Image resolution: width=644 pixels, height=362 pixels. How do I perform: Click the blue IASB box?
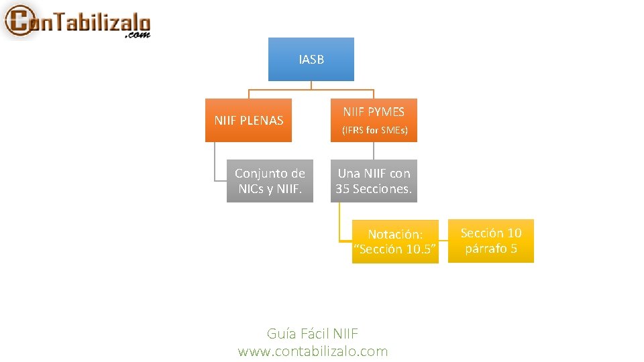tap(311, 59)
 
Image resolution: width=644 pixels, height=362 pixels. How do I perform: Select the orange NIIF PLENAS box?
tap(248, 120)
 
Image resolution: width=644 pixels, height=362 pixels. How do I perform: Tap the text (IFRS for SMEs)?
tap(374, 129)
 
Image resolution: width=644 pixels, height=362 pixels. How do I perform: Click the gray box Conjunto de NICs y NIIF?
tap(270, 181)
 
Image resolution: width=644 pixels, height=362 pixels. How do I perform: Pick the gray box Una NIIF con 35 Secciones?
tap(374, 181)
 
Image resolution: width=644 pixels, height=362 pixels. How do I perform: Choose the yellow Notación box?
tap(395, 241)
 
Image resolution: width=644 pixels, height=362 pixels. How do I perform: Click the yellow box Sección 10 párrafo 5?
tap(490, 241)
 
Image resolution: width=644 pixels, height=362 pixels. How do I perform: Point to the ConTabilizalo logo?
tap(77, 21)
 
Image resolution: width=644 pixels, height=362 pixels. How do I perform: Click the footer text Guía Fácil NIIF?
tap(313, 333)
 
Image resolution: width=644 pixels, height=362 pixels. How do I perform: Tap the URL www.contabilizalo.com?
tap(313, 351)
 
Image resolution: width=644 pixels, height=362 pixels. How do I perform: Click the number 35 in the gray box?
tap(343, 189)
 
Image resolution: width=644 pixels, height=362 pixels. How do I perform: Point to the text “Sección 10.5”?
tap(395, 249)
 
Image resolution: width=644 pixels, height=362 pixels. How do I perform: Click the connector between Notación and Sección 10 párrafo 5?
tap(443, 241)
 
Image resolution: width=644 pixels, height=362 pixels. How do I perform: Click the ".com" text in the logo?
tap(138, 35)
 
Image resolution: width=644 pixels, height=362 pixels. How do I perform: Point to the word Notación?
tap(395, 234)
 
